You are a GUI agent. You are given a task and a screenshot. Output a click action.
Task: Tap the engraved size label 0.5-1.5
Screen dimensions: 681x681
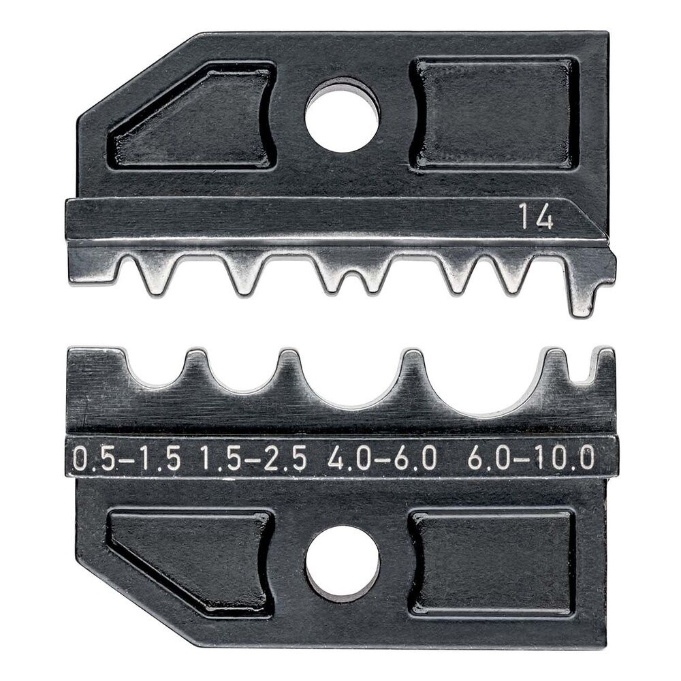[127, 460]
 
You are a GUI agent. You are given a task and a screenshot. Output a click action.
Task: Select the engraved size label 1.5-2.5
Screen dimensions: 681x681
[253, 460]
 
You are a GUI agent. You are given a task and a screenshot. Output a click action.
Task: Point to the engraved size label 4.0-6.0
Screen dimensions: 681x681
[381, 460]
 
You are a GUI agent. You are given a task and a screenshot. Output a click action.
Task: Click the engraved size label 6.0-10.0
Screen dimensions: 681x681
[531, 460]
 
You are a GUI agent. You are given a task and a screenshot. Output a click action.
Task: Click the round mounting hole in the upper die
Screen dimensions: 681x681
[341, 115]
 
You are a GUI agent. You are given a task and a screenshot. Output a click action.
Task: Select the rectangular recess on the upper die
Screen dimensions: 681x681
[495, 113]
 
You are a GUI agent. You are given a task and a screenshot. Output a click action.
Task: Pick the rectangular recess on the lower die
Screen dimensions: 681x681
[492, 563]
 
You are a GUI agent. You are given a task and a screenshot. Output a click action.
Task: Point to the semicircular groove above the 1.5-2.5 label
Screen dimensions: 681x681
[240, 376]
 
